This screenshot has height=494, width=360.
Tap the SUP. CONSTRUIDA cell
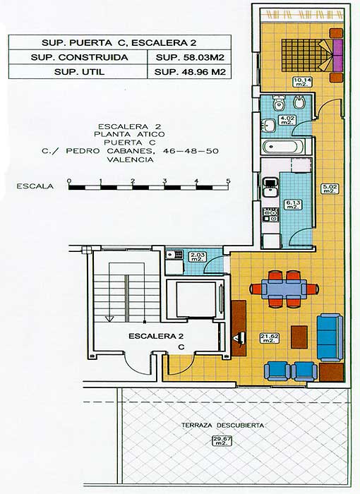[78, 57]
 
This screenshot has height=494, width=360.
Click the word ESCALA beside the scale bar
[35, 187]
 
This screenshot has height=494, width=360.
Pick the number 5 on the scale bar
[228, 181]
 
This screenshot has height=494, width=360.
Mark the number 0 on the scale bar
[68, 181]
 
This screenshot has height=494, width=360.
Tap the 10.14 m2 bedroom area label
[301, 81]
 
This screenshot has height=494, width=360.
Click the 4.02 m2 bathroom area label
[287, 120]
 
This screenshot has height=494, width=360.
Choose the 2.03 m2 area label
[197, 257]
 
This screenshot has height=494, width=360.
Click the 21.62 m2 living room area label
[267, 339]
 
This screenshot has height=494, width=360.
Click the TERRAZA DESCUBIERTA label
[222, 426]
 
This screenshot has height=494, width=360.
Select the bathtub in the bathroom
[285, 147]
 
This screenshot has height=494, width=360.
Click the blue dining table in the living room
[284, 288]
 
